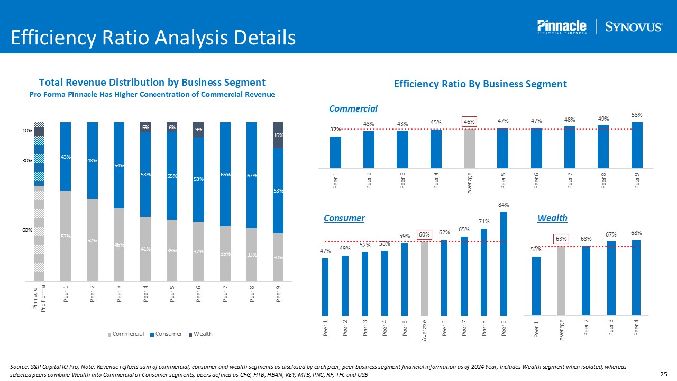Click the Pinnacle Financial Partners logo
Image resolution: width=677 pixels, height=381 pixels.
click(x=562, y=27)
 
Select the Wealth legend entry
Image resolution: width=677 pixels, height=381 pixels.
click(x=202, y=334)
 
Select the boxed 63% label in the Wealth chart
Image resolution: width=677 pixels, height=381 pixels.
click(x=561, y=239)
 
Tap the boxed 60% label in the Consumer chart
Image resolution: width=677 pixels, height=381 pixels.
click(x=424, y=234)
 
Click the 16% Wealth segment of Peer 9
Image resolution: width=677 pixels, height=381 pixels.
click(x=278, y=135)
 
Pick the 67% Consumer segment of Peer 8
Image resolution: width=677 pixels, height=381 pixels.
click(x=252, y=175)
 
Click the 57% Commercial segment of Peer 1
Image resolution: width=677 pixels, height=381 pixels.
click(x=66, y=235)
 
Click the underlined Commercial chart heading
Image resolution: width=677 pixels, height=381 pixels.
click(x=353, y=108)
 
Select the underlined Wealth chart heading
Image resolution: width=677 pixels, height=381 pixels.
click(x=552, y=218)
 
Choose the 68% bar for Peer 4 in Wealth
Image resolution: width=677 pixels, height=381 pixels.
click(x=636, y=277)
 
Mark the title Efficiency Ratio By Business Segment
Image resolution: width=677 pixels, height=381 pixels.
click(x=480, y=84)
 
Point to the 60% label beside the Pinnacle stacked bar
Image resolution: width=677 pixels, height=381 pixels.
click(x=27, y=230)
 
